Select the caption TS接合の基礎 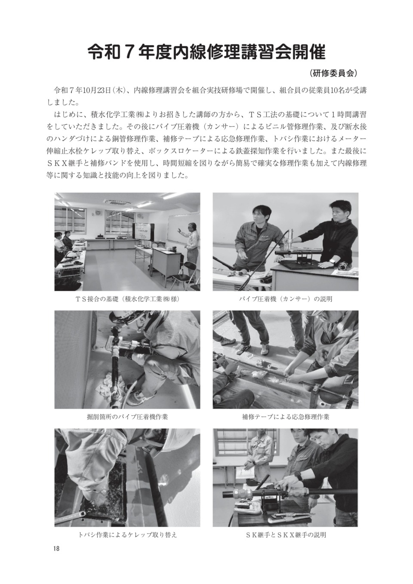(105, 299)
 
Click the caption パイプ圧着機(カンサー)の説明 (286, 299)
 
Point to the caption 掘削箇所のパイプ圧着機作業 (127, 417)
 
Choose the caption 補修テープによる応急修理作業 (286, 417)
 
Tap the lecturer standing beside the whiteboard (190, 248)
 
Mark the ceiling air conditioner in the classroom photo (115, 202)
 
